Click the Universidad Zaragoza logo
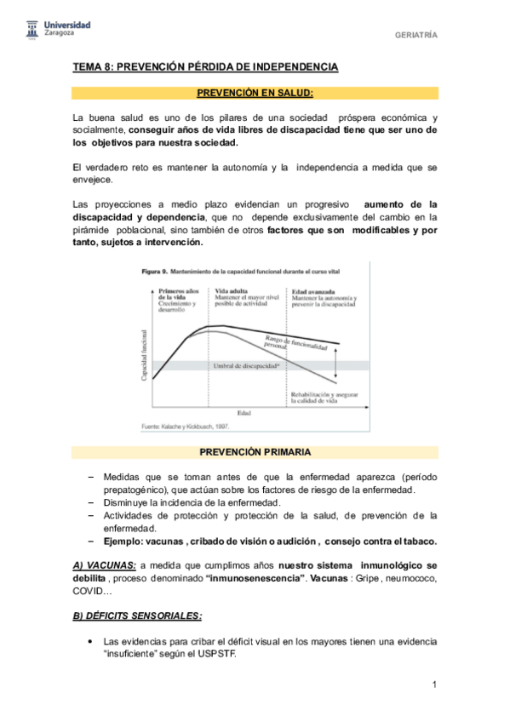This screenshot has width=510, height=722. pyautogui.click(x=54, y=31)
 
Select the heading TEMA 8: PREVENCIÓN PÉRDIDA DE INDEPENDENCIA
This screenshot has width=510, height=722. pyautogui.click(x=205, y=66)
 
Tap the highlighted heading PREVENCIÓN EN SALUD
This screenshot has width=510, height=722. pyautogui.click(x=255, y=93)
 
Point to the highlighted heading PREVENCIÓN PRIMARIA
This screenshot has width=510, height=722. pyautogui.click(x=255, y=451)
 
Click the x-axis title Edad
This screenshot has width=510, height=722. pyautogui.click(x=244, y=413)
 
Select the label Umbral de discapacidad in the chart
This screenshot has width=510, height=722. pyautogui.click(x=246, y=365)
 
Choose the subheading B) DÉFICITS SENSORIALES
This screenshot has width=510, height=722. pyautogui.click(x=136, y=615)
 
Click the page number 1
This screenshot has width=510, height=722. pyautogui.click(x=434, y=684)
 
